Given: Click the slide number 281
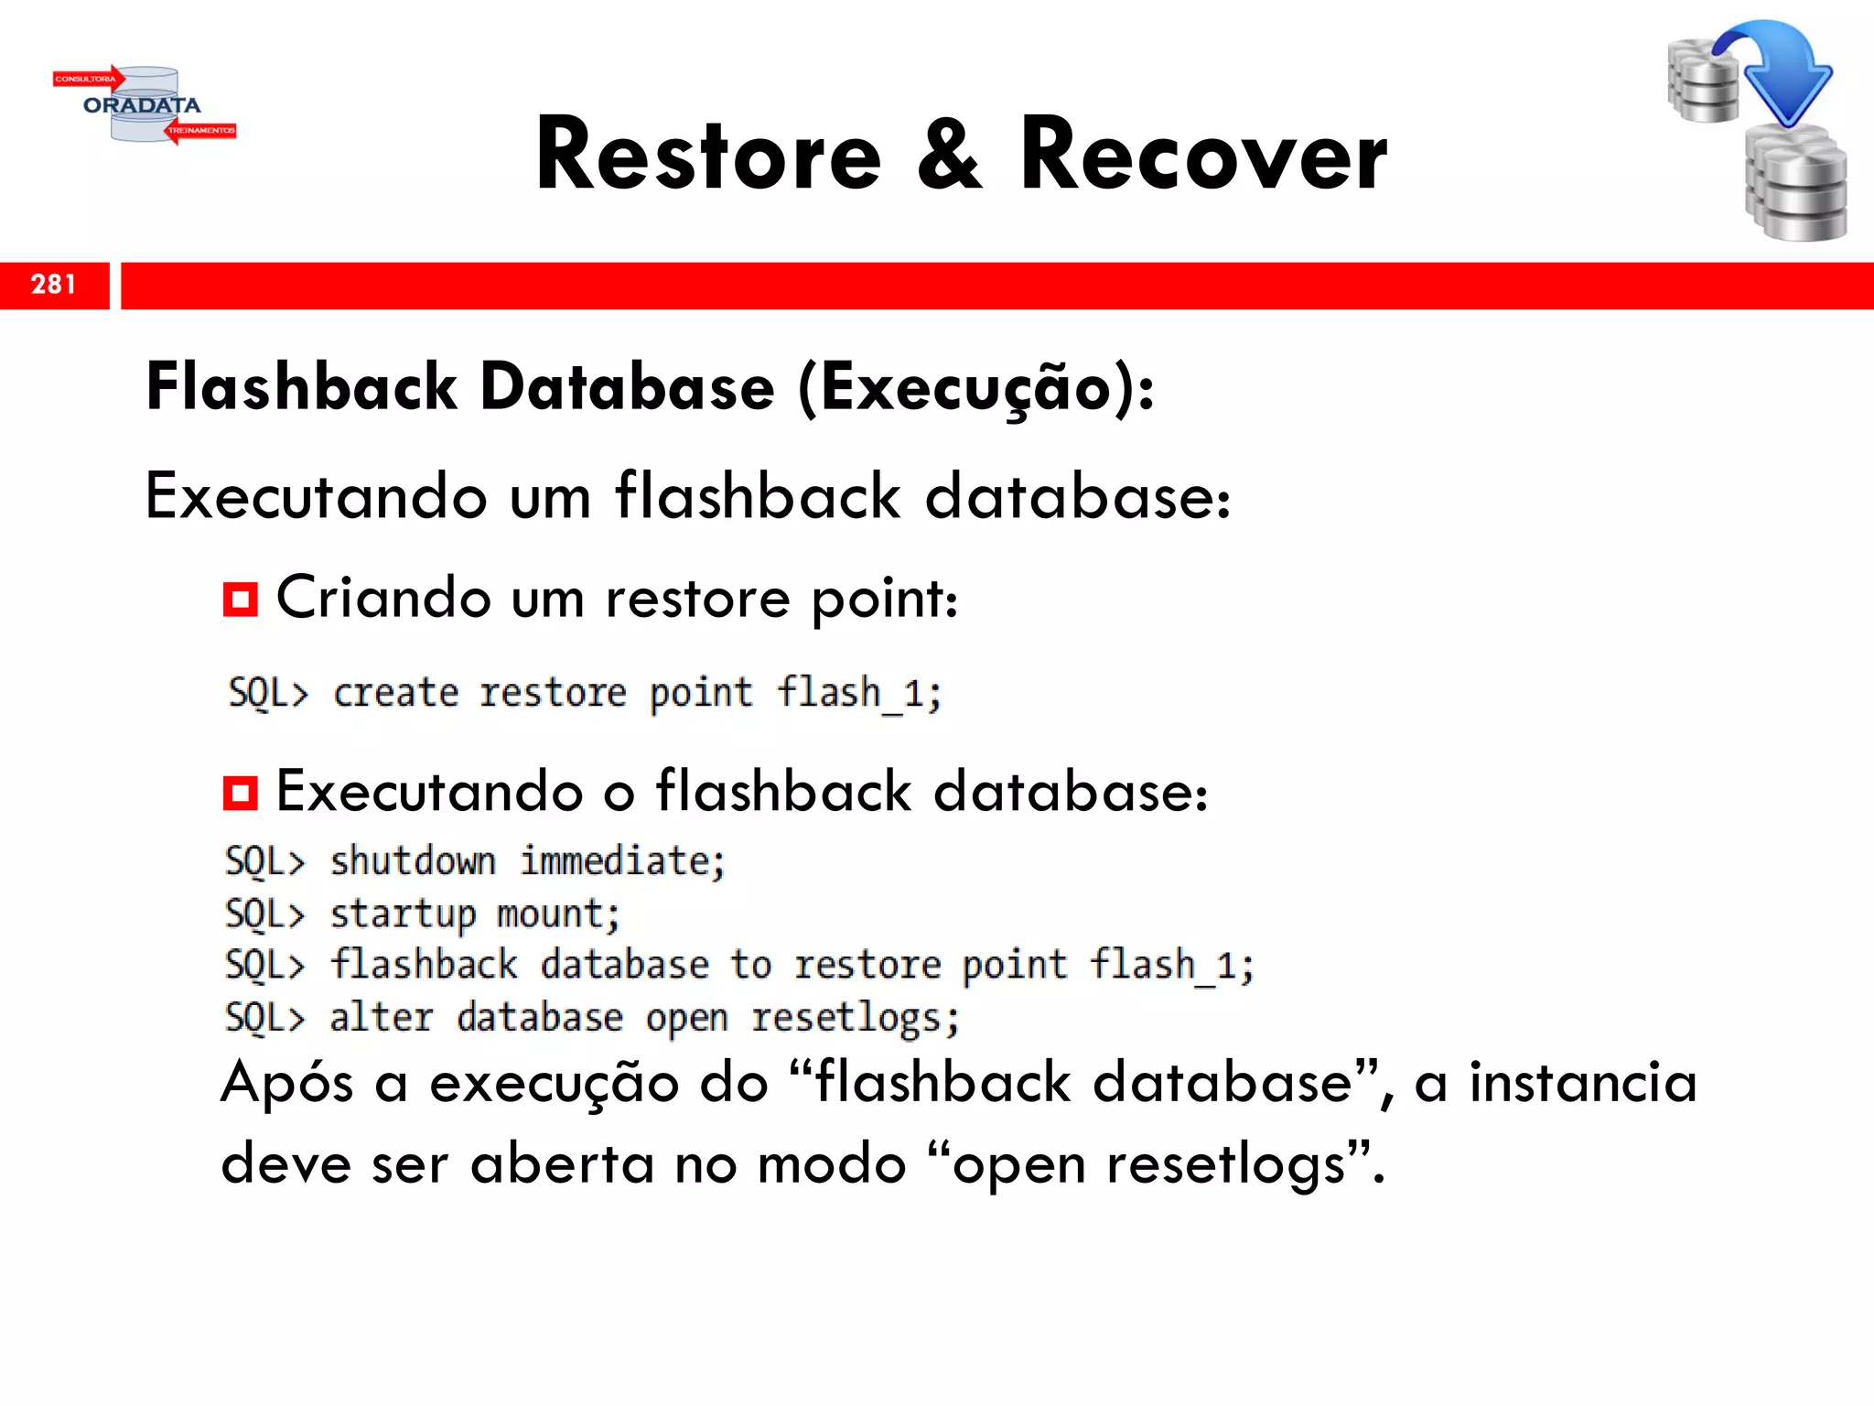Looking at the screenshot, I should point(53,285).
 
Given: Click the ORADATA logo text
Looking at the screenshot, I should point(142,105).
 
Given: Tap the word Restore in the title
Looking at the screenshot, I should point(708,156).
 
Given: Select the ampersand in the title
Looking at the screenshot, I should point(950,156).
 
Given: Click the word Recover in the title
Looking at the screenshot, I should point(1203,156).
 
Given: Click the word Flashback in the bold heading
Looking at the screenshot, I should point(301,387).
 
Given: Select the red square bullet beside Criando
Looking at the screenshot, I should point(241,600).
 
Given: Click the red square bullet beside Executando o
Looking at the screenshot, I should point(241,793).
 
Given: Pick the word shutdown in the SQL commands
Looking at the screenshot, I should point(413,861).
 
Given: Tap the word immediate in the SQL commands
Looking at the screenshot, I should point(622,861).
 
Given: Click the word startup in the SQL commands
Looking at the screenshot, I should point(403,914).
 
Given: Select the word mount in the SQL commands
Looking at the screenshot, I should point(557,914).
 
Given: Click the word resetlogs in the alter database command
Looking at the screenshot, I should point(855,1019).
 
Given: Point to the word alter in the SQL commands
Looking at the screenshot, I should point(381,1018).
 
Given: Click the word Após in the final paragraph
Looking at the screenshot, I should point(287,1085).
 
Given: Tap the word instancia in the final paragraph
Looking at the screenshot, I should point(1583,1083).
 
